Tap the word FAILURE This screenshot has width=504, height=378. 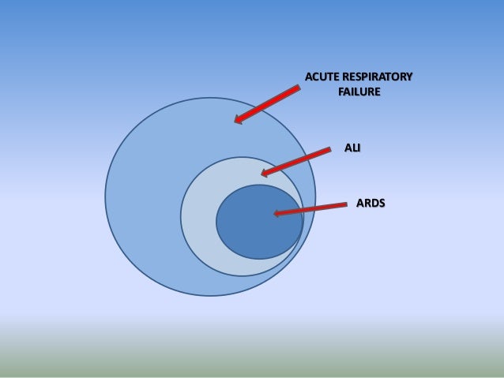click(x=359, y=92)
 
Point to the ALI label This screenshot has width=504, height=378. click(x=352, y=147)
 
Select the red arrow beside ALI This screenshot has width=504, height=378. click(x=295, y=161)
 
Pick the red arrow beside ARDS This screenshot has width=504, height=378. click(x=310, y=209)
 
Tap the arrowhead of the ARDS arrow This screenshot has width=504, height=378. click(x=277, y=213)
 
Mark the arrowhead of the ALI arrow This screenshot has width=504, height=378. click(x=265, y=173)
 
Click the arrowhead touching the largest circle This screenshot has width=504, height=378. click(x=238, y=120)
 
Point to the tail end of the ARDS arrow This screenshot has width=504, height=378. click(x=345, y=205)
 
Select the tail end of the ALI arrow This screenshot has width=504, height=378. click(x=329, y=149)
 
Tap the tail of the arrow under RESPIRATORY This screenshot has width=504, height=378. click(x=298, y=88)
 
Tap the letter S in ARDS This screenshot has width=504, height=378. click(x=382, y=203)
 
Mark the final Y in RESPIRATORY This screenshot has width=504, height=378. click(x=408, y=77)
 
